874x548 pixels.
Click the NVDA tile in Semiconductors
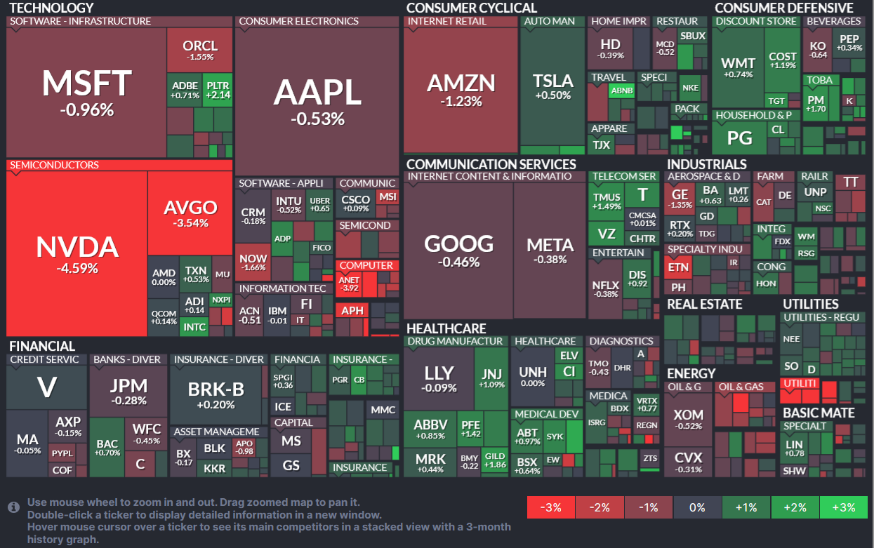[x=77, y=253]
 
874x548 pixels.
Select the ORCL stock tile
[x=199, y=50]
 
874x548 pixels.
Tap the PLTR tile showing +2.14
[x=218, y=90]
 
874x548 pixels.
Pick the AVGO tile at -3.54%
[x=190, y=213]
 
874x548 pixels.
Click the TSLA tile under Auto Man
[x=552, y=86]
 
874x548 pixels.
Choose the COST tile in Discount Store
[x=783, y=60]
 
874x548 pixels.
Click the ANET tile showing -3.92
[x=349, y=283]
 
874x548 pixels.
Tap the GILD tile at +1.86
[x=494, y=460]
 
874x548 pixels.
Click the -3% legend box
[x=550, y=507]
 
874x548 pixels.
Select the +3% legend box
[x=842, y=507]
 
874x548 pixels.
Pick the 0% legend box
[x=697, y=507]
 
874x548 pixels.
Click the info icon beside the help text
[x=13, y=507]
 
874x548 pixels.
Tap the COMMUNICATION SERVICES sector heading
[x=491, y=164]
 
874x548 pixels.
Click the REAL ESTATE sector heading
[x=704, y=304]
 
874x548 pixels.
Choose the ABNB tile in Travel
[x=621, y=91]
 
